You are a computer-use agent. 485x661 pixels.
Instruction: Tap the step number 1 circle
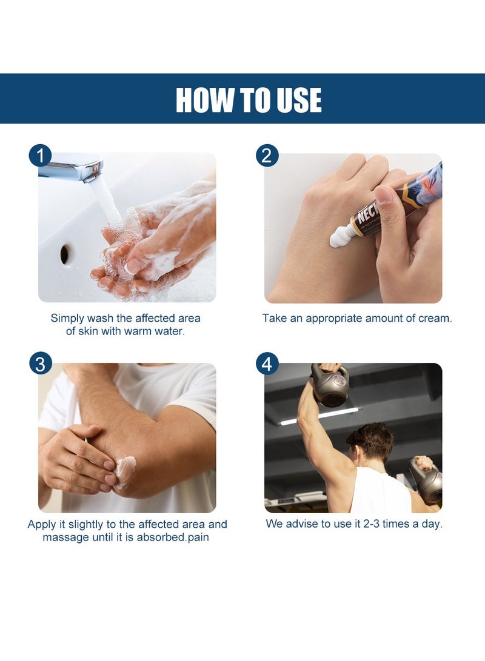tap(41, 156)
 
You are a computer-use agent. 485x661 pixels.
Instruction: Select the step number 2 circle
tap(267, 156)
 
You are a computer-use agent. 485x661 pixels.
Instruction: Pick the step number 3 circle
tap(41, 364)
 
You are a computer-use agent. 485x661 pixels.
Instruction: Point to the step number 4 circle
tap(267, 364)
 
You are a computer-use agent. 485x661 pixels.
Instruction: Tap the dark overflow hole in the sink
tap(64, 254)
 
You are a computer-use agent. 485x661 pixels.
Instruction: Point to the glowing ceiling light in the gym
tap(319, 416)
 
